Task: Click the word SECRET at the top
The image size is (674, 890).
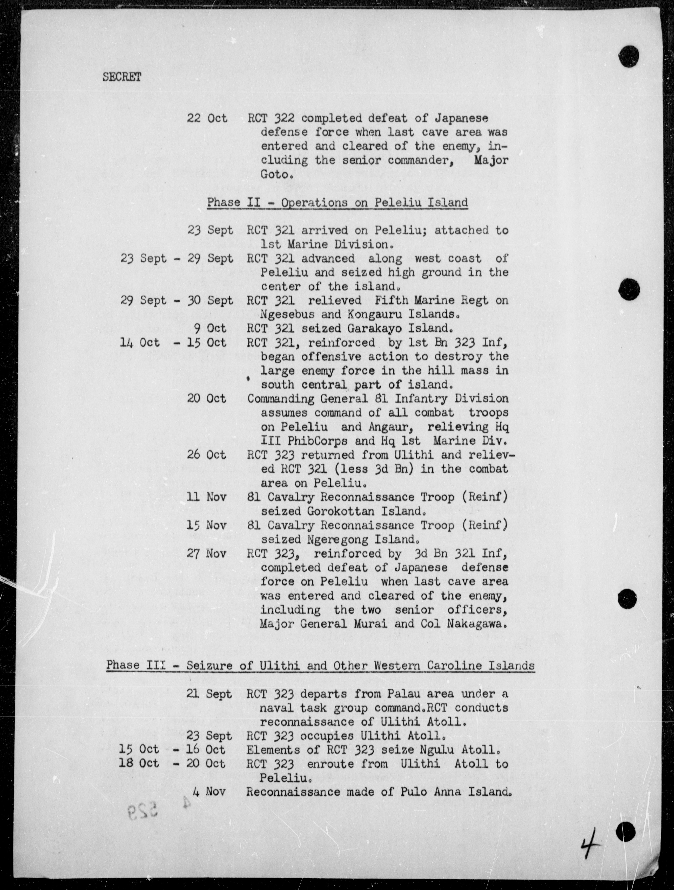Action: point(122,77)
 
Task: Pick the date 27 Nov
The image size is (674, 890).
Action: point(207,554)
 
